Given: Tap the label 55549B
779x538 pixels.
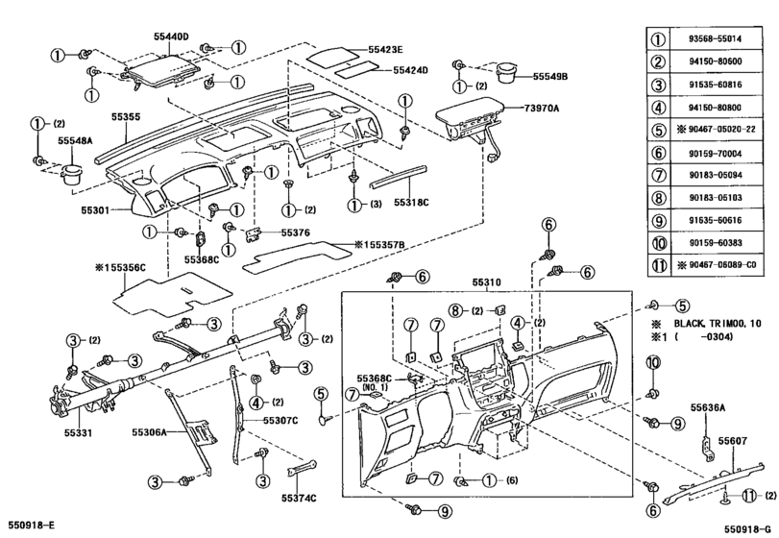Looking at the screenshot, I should (549, 75).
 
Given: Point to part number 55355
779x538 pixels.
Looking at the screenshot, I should (125, 117).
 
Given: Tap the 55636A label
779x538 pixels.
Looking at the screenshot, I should (708, 407).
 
